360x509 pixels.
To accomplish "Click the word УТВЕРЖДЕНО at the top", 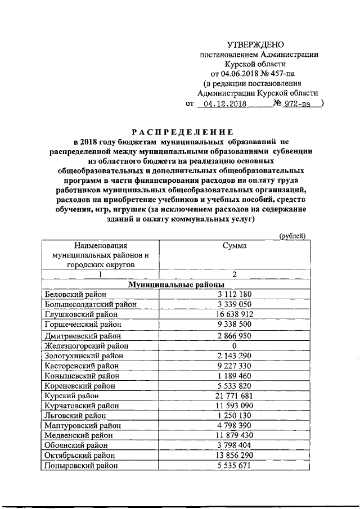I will tap(255, 44).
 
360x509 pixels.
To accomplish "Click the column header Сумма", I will tap(234, 245).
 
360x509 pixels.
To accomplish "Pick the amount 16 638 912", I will tap(234, 314).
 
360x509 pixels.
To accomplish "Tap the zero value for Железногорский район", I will tap(234, 345).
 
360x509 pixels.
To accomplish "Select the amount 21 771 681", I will tap(234, 395).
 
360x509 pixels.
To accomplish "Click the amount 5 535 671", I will tap(234, 466).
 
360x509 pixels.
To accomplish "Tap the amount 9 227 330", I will tap(234, 365).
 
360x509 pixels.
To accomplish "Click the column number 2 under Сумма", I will tap(234, 274).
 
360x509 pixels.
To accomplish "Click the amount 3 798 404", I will tap(234, 445).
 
